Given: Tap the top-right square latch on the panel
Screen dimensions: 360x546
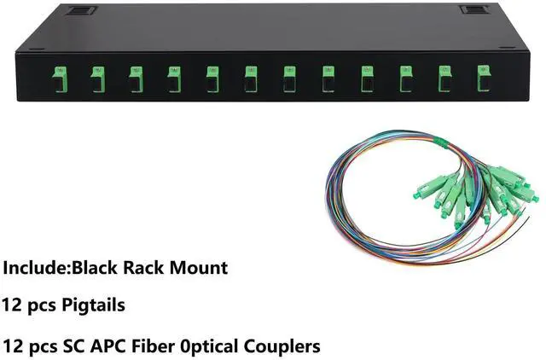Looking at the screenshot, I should [471, 9].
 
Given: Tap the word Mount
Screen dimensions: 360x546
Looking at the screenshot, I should [201, 267].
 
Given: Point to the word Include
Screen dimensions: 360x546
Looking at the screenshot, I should [33, 267].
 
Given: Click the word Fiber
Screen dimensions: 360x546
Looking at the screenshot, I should [160, 346].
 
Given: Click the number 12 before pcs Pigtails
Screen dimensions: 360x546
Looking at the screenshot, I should [12, 305].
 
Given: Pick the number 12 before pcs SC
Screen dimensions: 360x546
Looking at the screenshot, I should [12, 346].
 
